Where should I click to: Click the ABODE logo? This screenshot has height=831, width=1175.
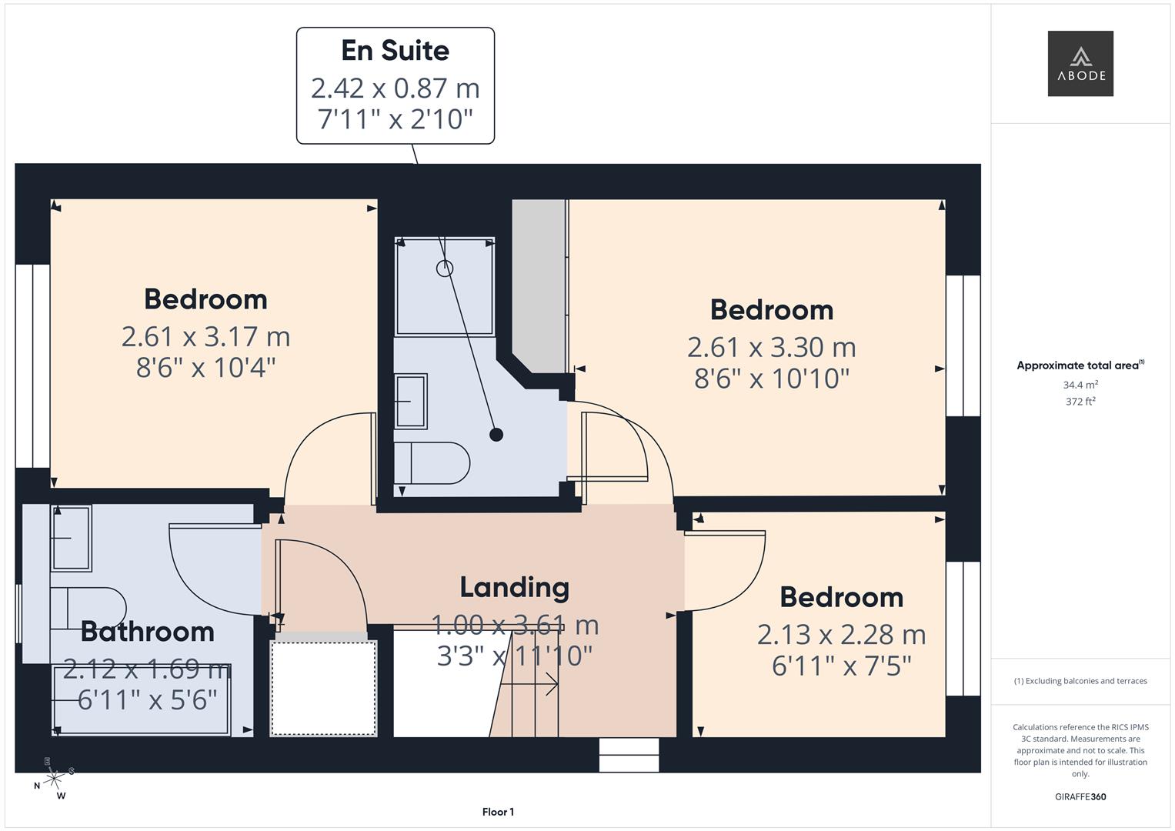[x=1080, y=64]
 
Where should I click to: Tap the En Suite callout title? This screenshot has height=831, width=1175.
[x=395, y=51]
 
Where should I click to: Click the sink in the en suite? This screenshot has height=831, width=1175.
[x=411, y=400]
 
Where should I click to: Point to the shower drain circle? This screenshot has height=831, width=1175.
[x=445, y=269]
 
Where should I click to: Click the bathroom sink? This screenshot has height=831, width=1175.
[x=71, y=538]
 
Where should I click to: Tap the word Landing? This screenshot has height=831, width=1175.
[x=514, y=587]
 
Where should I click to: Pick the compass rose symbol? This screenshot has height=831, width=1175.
[x=53, y=779]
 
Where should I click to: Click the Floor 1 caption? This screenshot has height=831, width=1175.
[x=498, y=812]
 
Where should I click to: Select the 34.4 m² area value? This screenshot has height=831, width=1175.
[x=1080, y=385]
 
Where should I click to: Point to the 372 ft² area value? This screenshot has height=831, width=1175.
[x=1080, y=402]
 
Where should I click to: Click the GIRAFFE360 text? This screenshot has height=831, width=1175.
[x=1080, y=796]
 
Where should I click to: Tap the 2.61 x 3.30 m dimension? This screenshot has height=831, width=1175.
[x=771, y=347]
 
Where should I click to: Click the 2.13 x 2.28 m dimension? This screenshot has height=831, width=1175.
[x=841, y=635]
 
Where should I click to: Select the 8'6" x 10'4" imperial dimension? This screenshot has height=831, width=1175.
[x=205, y=368]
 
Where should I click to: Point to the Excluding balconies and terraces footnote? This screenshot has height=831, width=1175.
[x=1080, y=681]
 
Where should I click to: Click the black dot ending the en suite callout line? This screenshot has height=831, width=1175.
[x=496, y=435]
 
